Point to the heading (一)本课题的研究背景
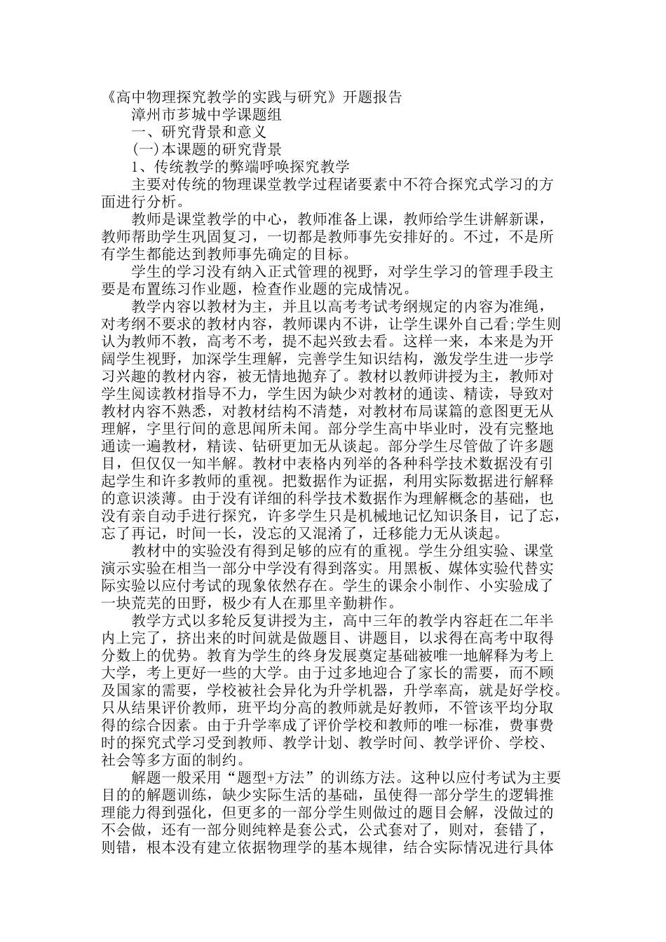click(208, 149)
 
